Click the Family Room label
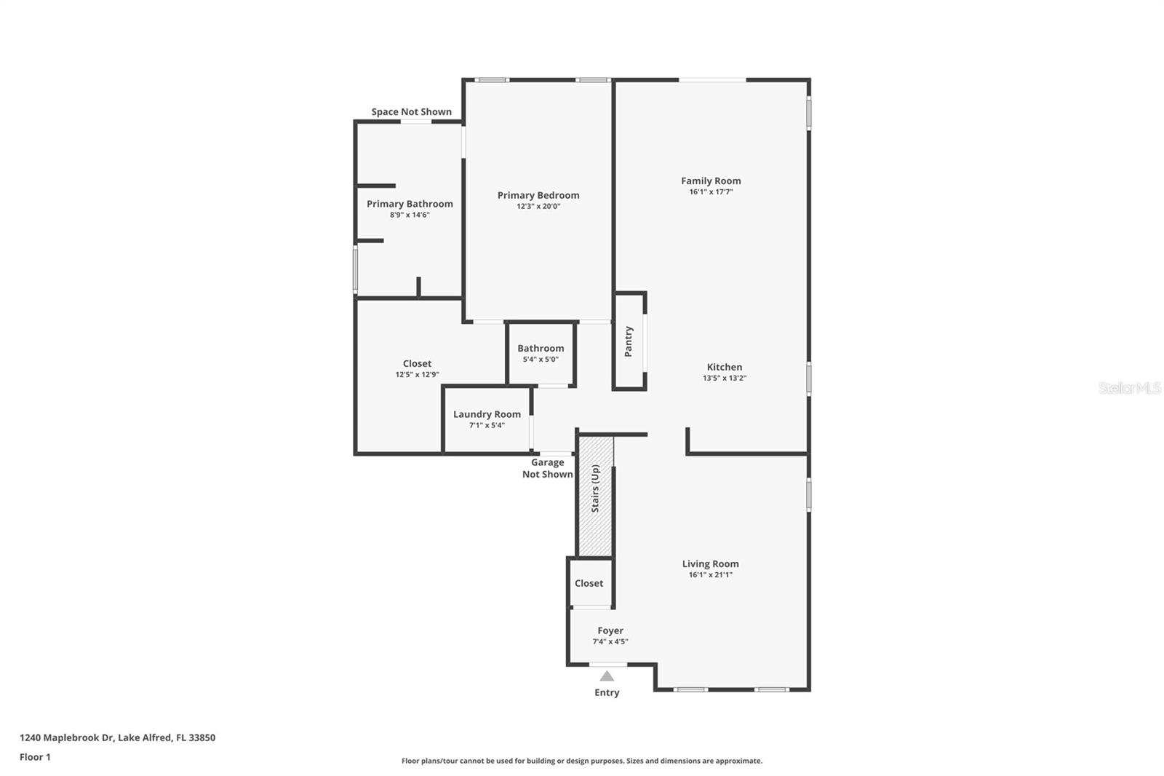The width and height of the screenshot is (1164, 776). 711,181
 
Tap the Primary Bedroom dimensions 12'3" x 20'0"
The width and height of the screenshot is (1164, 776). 538,207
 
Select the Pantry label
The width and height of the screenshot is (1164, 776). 629,341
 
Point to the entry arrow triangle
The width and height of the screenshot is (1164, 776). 607,676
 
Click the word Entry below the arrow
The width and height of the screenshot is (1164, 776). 607,692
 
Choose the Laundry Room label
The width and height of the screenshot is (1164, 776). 487,414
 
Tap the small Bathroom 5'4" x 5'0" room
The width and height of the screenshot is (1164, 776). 541,354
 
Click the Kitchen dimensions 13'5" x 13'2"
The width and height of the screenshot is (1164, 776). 725,379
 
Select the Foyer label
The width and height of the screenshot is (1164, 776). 610,630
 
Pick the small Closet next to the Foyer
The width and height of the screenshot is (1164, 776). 589,583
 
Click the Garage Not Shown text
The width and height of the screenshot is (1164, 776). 547,468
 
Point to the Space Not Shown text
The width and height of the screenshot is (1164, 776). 411,111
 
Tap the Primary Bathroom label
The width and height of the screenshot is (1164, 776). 410,204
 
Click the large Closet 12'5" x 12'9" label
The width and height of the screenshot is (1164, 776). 417,363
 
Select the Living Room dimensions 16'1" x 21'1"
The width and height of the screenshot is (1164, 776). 710,575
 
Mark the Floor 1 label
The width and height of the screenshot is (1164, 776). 35,757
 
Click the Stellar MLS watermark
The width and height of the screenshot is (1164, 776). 1129,388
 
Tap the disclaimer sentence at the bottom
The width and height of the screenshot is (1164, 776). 582,761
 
